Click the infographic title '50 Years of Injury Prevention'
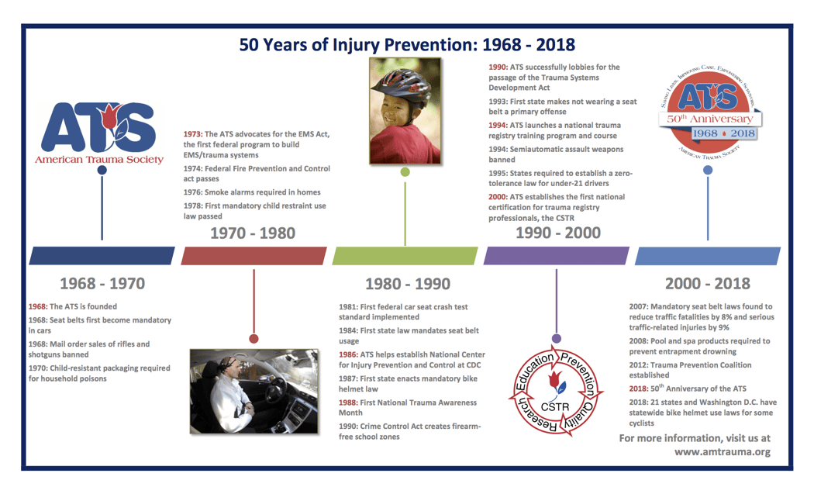407,44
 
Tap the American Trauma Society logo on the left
100,133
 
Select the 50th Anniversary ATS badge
707,108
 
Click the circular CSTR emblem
555,394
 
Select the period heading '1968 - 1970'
102,283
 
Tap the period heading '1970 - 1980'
254,233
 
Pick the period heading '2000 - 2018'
707,284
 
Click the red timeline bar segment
254,256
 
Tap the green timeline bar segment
405,256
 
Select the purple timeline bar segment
556,256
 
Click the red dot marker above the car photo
254,338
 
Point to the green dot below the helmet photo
405,171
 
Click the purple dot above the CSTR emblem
556,338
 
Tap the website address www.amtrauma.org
722,451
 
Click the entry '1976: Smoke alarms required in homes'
252,192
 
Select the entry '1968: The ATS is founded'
73,307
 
